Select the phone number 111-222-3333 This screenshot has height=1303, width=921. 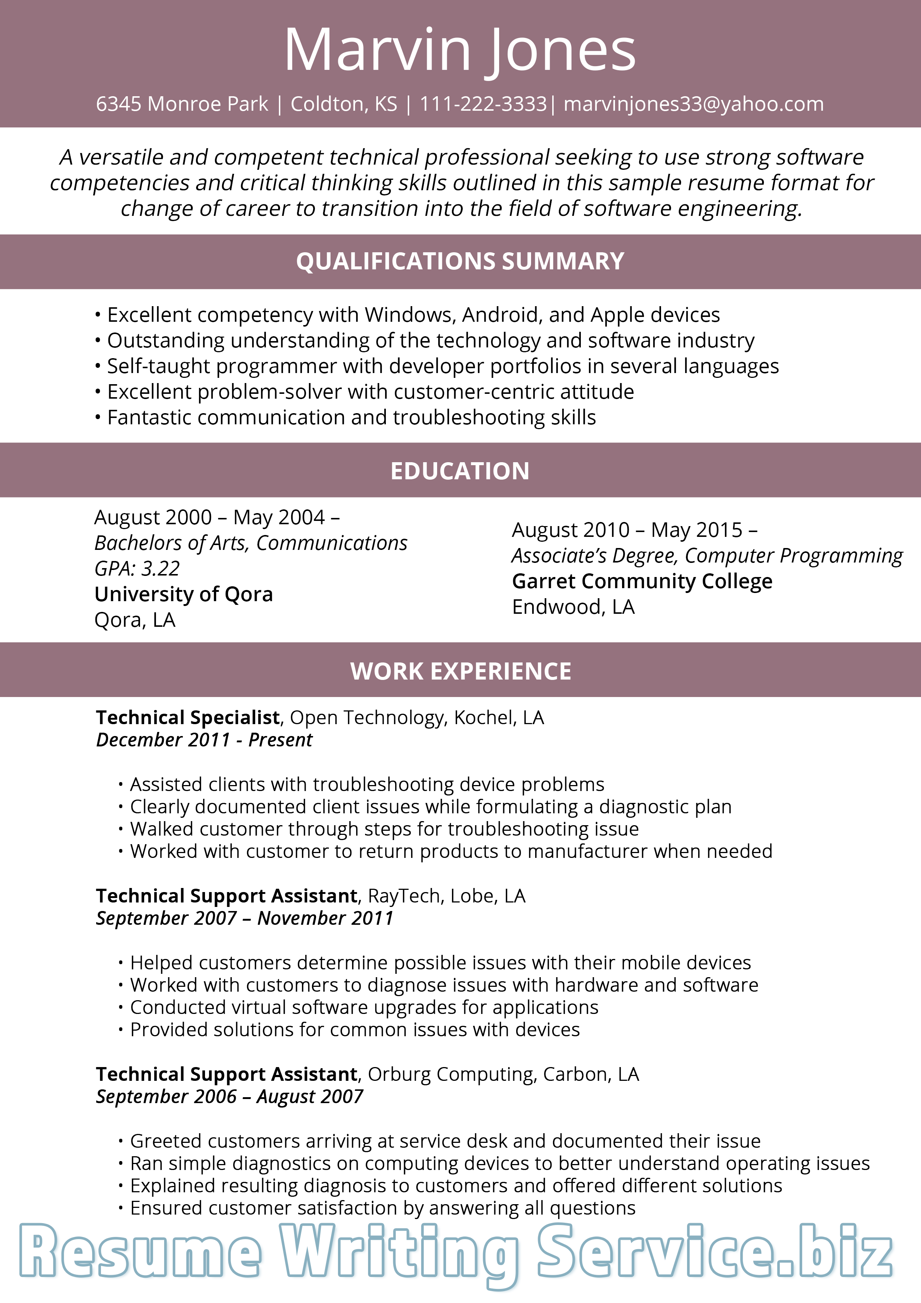(483, 104)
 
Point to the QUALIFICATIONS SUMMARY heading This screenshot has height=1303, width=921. (460, 261)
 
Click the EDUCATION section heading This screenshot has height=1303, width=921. (460, 471)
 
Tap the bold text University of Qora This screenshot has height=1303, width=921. (183, 594)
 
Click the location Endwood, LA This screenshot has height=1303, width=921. (573, 607)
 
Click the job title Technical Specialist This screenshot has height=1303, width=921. (188, 717)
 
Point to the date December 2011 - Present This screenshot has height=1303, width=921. (204, 740)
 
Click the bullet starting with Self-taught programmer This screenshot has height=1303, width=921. (442, 366)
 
